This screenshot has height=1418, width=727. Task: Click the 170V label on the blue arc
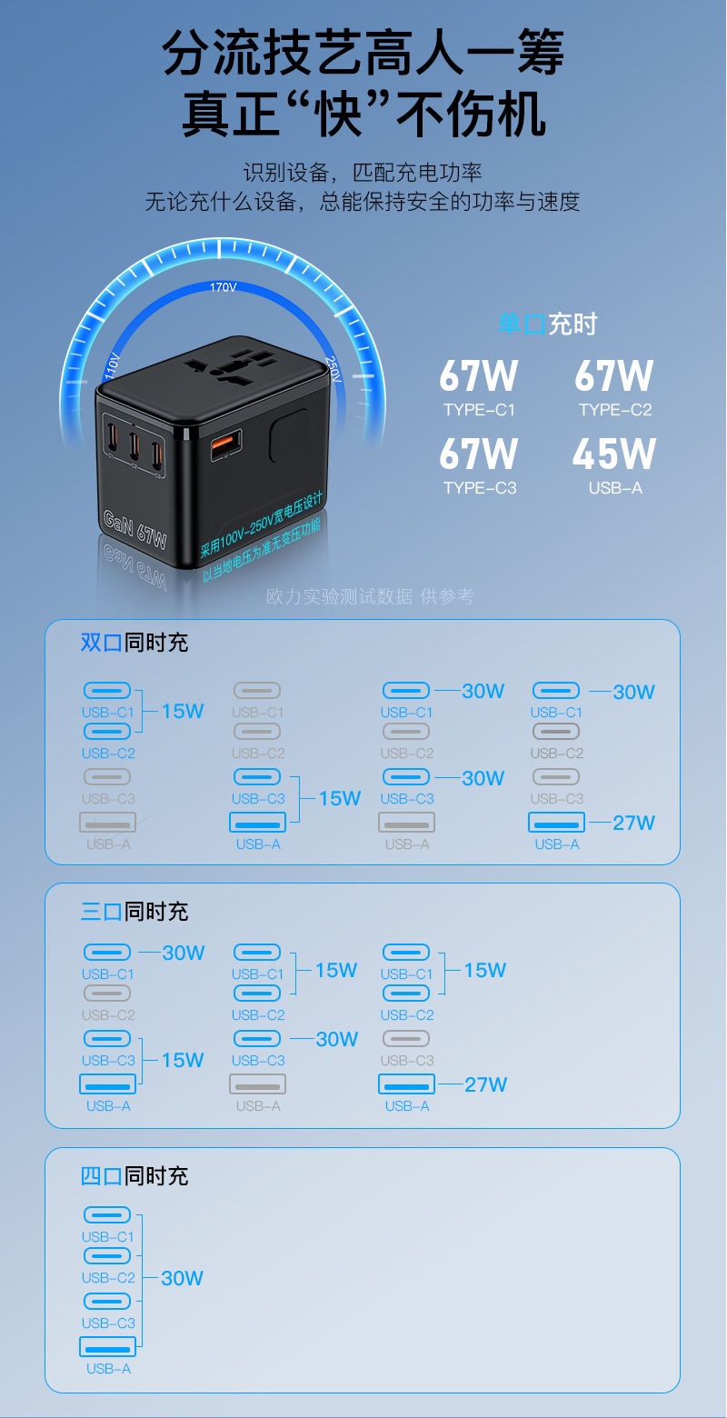coord(223,287)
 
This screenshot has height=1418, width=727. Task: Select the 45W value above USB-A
coord(614,454)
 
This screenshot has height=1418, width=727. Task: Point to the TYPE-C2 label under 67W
coord(615,410)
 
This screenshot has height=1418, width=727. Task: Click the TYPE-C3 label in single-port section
coord(480,488)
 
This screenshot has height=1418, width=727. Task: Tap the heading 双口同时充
coord(134,643)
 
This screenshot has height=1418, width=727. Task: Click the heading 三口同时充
coord(134,911)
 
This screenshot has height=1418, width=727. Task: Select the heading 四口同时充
coord(134,1175)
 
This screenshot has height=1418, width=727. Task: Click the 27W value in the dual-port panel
coord(633,823)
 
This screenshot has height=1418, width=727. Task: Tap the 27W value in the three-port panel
coord(485,1084)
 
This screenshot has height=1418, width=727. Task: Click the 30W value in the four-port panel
coord(182,1278)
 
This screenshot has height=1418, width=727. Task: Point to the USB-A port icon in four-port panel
coord(108,1346)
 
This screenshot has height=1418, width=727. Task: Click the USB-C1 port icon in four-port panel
coord(107,1215)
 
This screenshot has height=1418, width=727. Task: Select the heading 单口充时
coord(547,324)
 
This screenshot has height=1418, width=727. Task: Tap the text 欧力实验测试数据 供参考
coord(370,596)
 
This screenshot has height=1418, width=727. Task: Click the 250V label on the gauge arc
coord(333,368)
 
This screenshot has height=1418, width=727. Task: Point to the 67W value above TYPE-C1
coord(479,376)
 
